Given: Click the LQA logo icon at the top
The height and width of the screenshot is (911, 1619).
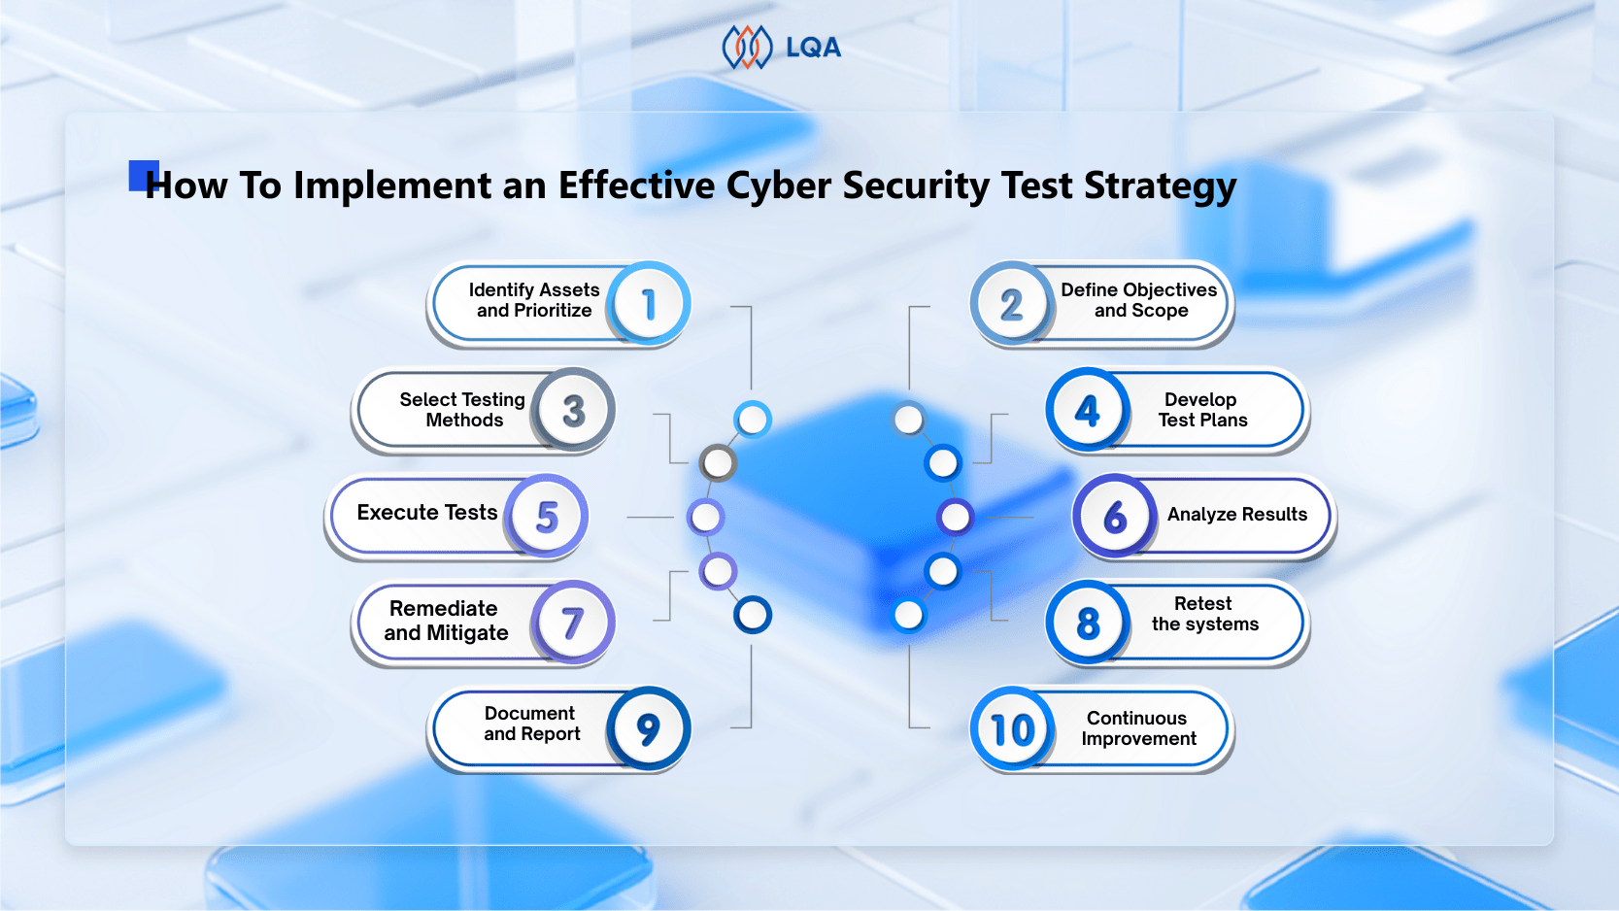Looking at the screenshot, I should pyautogui.click(x=746, y=48).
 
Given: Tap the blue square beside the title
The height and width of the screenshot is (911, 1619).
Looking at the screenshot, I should pyautogui.click(x=142, y=175).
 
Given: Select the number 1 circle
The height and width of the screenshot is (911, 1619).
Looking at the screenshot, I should pyautogui.click(x=649, y=304).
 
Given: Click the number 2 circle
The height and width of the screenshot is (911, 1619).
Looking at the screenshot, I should pyautogui.click(x=1011, y=304).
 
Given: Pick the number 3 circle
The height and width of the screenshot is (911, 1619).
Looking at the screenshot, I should pyautogui.click(x=573, y=411).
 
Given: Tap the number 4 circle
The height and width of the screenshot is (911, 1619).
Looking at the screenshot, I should pyautogui.click(x=1088, y=411).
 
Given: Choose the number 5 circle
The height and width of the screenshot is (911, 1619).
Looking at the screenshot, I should pyautogui.click(x=547, y=517).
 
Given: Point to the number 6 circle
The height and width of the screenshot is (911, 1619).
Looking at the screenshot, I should pyautogui.click(x=1115, y=517).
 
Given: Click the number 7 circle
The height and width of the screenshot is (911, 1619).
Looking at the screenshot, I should pyautogui.click(x=573, y=624).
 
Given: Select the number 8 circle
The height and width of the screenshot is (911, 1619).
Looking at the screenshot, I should pyautogui.click(x=1088, y=624).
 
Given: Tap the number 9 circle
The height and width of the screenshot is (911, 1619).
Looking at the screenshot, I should pyautogui.click(x=649, y=729).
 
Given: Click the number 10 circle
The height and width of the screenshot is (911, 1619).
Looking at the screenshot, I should pyautogui.click(x=1011, y=729).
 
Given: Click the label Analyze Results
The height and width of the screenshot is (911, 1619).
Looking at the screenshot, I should pyautogui.click(x=1236, y=515).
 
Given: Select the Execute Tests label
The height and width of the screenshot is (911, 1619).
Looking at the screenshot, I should pyautogui.click(x=427, y=513).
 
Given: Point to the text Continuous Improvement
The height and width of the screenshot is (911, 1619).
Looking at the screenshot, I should pyautogui.click(x=1138, y=728).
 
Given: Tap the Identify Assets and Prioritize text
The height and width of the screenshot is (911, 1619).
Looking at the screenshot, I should pyautogui.click(x=534, y=300).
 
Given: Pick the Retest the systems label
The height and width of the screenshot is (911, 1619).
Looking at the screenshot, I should pyautogui.click(x=1204, y=614).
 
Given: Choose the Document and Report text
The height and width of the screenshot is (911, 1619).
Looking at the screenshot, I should pyautogui.click(x=531, y=724).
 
